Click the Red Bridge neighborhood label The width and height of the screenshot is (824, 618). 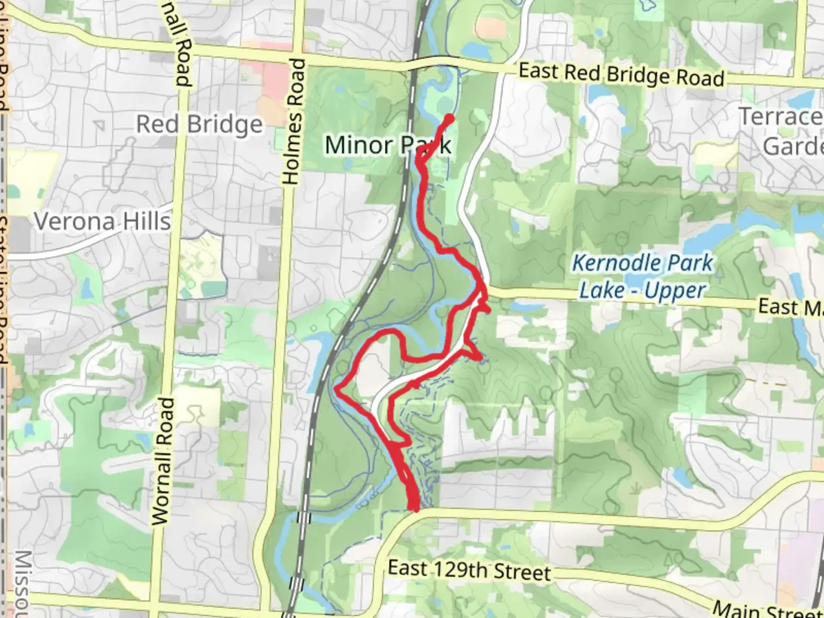point(199,124)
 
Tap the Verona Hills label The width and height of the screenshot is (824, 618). point(102,221)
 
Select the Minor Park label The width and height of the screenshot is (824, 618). point(388,145)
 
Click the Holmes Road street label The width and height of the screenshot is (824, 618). point(292,121)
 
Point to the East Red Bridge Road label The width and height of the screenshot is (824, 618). point(621,74)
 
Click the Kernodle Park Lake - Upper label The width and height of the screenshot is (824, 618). point(643,276)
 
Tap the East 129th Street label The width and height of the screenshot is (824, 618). point(469,571)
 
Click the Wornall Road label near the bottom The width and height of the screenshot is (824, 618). point(163,461)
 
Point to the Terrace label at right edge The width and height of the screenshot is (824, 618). point(782,117)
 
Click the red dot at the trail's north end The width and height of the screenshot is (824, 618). point(449,118)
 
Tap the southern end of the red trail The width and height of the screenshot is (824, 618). point(414,507)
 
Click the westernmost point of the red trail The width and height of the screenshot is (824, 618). point(336,389)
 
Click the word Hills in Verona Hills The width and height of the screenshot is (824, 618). point(146,221)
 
